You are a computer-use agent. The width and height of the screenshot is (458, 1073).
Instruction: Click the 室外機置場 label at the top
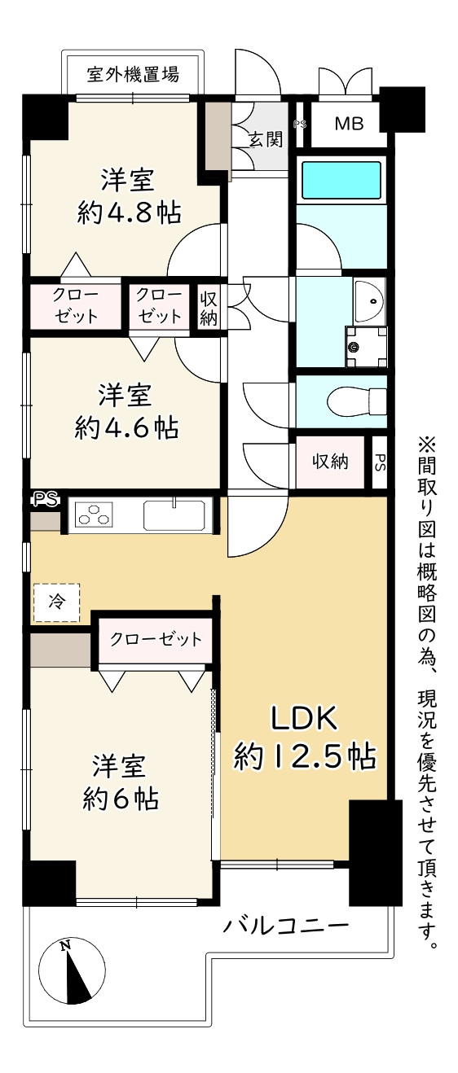point(133,75)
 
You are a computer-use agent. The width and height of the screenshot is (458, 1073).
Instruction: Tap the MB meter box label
point(349,124)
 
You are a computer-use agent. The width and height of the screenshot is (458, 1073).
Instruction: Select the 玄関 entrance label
point(265,139)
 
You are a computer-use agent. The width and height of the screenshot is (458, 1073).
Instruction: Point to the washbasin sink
point(369,300)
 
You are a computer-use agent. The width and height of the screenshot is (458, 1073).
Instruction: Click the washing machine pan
point(367,346)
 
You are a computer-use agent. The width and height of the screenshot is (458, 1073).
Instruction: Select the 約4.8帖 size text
point(129,212)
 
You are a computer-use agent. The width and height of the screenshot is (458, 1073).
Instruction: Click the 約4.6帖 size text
point(126,427)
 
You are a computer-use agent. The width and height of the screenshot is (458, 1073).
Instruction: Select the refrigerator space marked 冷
point(56,602)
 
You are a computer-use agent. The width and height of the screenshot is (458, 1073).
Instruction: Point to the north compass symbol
point(72,977)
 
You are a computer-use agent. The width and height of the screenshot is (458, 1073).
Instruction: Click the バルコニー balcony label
point(285,926)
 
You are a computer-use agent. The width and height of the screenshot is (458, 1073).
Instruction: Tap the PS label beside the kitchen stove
point(46,499)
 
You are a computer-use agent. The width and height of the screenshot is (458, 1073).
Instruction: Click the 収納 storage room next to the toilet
point(330,462)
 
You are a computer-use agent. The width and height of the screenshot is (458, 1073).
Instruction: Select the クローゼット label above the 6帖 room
point(156,639)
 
